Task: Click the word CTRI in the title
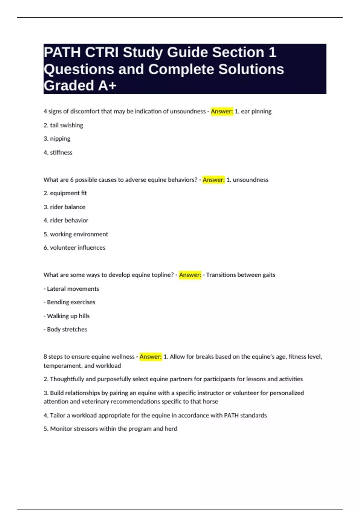pyautogui.click(x=102, y=52)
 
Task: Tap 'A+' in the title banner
pyautogui.click(x=107, y=86)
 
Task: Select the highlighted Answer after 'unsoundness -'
pyautogui.click(x=222, y=111)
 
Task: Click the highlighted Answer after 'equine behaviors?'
pyautogui.click(x=213, y=180)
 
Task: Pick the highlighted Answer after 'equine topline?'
pyautogui.click(x=190, y=275)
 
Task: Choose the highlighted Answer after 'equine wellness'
pyautogui.click(x=151, y=356)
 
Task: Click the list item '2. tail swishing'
pyautogui.click(x=63, y=125)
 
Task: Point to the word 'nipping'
pyautogui.click(x=60, y=139)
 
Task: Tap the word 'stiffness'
pyautogui.click(x=61, y=152)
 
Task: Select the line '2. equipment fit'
pyautogui.click(x=65, y=193)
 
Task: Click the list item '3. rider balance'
pyautogui.click(x=64, y=207)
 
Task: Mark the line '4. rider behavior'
pyautogui.click(x=66, y=220)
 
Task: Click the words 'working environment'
pyautogui.click(x=79, y=234)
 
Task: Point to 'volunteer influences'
pyautogui.click(x=77, y=248)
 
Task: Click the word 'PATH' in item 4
pyautogui.click(x=231, y=415)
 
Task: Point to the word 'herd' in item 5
pyautogui.click(x=171, y=429)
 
